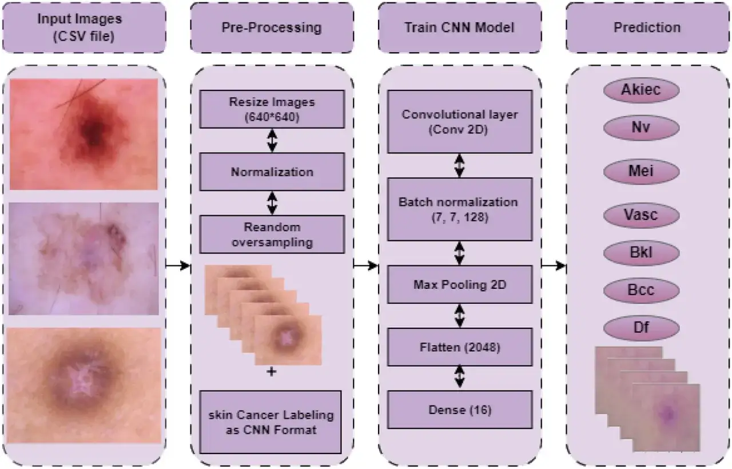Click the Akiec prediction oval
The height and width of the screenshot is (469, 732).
click(x=641, y=90)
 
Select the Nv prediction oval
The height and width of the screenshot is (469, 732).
click(x=641, y=128)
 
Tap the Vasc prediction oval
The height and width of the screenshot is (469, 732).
click(x=641, y=215)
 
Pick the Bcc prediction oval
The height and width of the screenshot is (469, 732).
click(x=641, y=290)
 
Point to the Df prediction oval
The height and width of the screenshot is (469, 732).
click(x=641, y=328)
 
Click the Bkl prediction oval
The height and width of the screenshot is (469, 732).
click(x=641, y=253)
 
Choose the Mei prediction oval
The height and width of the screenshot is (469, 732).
click(x=641, y=171)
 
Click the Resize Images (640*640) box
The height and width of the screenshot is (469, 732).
click(x=272, y=109)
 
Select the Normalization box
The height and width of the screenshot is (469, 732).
click(x=272, y=172)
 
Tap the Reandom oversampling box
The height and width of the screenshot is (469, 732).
click(x=272, y=234)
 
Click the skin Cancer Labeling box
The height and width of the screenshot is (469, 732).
click(x=270, y=422)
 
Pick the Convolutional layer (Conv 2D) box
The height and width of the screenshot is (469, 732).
click(x=460, y=122)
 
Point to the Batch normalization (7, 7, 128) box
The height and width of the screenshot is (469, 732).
click(x=460, y=209)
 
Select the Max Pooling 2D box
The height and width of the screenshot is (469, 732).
click(x=460, y=284)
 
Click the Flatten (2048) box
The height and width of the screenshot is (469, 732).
click(x=460, y=347)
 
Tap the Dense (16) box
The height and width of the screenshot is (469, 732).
click(x=460, y=410)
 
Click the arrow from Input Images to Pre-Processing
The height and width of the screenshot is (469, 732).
click(x=178, y=266)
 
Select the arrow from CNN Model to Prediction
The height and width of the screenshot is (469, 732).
click(x=554, y=266)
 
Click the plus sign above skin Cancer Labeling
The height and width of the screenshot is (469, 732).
click(x=271, y=372)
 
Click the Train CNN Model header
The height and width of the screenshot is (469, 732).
click(x=460, y=27)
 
